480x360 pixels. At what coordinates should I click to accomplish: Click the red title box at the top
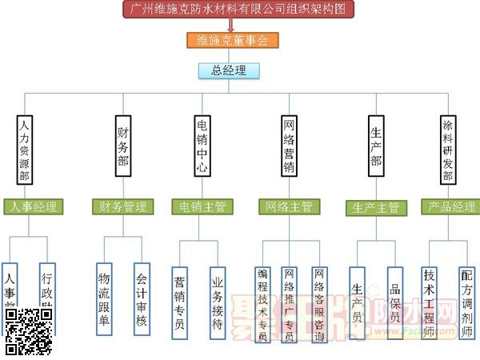238,10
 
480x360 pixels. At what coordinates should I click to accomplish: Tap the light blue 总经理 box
229,70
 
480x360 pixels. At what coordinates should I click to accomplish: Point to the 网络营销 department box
289,146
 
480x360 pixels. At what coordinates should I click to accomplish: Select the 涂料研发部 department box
448,150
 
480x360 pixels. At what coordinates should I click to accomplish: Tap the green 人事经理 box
34,206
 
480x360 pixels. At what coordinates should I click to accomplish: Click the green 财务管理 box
122,206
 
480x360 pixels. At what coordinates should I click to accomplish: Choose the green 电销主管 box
203,206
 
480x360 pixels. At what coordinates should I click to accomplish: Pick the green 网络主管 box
289,206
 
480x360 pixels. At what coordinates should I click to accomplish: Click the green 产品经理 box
451,207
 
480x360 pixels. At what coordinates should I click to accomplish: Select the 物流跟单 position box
104,298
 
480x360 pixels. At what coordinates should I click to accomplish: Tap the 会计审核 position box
142,298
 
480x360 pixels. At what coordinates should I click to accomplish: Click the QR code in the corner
29,331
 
